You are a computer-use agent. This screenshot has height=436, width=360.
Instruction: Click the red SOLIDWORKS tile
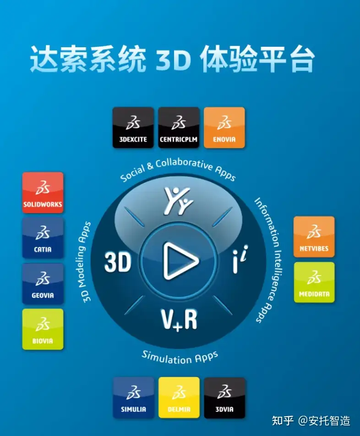[43, 193]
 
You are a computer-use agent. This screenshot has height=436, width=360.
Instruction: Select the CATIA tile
[43, 238]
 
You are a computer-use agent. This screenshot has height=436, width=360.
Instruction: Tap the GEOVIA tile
[43, 283]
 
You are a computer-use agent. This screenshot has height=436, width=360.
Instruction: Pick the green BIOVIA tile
[43, 329]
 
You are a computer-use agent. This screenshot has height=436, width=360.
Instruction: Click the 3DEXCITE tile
[133, 127]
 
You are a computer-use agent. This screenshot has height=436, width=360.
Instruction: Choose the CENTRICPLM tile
[179, 127]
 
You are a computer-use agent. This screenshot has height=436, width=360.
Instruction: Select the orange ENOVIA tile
[224, 127]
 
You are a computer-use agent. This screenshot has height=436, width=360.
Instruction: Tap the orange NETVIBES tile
[314, 237]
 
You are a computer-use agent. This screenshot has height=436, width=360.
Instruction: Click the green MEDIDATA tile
[314, 282]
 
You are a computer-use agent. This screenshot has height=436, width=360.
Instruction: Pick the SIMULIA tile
[133, 397]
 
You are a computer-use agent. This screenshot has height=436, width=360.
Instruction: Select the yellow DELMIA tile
[179, 397]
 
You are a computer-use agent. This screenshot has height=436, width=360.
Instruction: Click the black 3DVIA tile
[224, 397]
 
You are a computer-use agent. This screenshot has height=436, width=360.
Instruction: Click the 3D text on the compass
[118, 262]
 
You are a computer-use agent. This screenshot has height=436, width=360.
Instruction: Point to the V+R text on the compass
[179, 320]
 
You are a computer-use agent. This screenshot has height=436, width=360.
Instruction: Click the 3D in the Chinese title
[173, 59]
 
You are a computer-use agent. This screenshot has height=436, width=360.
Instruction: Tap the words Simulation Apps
[180, 357]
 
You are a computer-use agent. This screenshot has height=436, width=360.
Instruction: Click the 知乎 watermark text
[283, 420]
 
